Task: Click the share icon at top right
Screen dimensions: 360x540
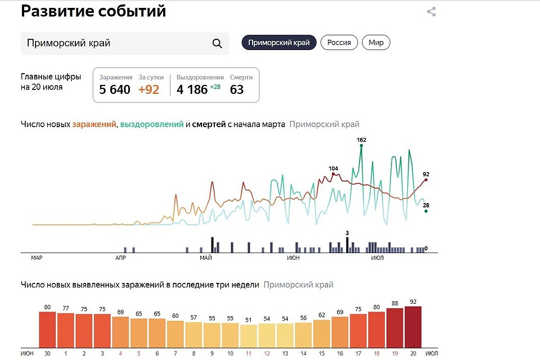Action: click(431, 11)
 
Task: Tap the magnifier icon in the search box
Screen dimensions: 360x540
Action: click(217, 44)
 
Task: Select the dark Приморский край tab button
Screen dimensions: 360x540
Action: click(279, 43)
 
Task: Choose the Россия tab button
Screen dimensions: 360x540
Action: click(339, 43)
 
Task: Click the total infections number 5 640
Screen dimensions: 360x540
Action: click(115, 89)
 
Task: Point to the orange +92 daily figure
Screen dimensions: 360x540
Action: click(149, 89)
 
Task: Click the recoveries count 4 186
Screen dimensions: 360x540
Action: click(192, 89)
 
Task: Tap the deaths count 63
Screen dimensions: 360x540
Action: click(237, 89)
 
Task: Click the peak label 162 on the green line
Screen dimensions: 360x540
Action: click(361, 139)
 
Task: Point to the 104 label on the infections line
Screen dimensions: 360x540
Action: click(334, 169)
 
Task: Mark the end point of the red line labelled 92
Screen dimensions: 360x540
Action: click(426, 179)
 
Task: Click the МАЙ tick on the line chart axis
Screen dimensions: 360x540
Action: click(205, 258)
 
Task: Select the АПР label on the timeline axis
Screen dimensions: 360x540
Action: click(120, 258)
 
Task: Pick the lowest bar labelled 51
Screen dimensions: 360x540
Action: click(248, 335)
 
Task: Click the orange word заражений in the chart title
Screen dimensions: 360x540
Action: click(94, 124)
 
